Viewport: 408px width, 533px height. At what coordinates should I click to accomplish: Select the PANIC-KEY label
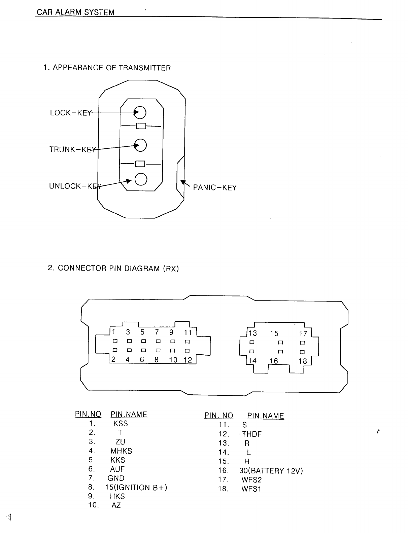tap(215, 187)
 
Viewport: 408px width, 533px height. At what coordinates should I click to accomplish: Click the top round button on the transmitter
tap(140, 112)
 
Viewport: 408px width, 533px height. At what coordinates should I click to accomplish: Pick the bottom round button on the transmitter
tap(141, 179)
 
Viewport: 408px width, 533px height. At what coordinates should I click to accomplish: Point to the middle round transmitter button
tap(141, 145)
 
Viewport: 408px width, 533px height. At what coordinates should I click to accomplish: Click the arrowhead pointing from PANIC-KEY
tap(183, 182)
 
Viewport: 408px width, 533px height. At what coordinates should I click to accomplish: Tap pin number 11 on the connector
tap(188, 332)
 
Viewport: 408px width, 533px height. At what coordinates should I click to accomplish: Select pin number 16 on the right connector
tap(274, 361)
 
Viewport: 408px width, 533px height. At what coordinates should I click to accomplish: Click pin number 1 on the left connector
tap(114, 332)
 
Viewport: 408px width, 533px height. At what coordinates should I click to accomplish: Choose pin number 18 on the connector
tap(303, 361)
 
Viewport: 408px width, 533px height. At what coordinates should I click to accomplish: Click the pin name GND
tap(116, 478)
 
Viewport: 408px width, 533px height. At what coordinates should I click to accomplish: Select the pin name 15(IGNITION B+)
tap(136, 488)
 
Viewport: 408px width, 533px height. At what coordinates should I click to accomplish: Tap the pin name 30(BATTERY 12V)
tap(271, 471)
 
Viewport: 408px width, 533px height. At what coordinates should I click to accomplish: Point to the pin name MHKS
tap(121, 451)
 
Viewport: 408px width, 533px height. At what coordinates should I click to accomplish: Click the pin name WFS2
tap(251, 480)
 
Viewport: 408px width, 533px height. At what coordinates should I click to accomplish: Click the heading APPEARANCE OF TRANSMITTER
tap(111, 68)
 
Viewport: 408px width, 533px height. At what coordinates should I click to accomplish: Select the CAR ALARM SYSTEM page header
tap(75, 13)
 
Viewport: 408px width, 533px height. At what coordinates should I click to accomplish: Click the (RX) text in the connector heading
tap(171, 269)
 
